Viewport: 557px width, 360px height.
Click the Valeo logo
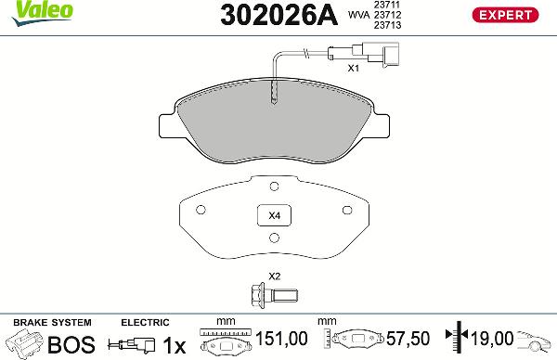click(27, 10)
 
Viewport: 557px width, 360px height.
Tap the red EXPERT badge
click(507, 15)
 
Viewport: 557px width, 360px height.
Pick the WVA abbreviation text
click(356, 15)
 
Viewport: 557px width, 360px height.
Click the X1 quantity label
click(353, 69)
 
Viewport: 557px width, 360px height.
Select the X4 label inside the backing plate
click(274, 216)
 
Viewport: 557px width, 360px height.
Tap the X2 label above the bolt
click(274, 276)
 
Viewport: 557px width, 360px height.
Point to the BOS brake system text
click(71, 344)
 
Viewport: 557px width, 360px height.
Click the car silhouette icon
click(536, 343)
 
